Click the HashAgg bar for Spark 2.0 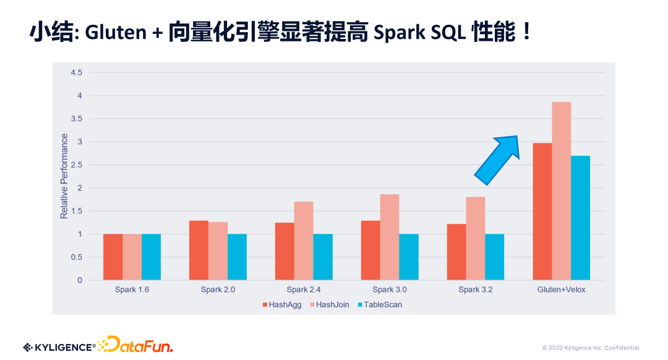tap(199, 250)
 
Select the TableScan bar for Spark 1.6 tap(151, 257)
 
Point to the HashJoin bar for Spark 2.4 tap(304, 241)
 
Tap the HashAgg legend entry tap(281, 304)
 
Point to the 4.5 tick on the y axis tap(76, 72)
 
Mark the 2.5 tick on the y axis tap(76, 165)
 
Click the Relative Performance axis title tap(64, 176)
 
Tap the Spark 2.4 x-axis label tap(304, 289)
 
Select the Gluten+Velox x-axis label tap(561, 289)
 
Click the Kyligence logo tap(59, 347)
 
